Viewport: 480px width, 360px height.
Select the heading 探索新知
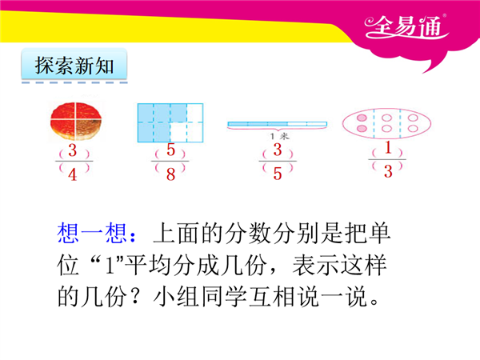click(x=74, y=66)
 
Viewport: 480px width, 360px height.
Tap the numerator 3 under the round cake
click(x=73, y=150)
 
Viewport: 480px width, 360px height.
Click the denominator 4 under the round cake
click(x=73, y=174)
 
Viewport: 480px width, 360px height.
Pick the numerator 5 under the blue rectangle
click(x=171, y=150)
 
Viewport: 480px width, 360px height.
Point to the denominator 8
click(x=171, y=174)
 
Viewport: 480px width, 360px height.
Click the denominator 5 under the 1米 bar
click(x=278, y=174)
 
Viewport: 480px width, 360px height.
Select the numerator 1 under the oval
click(x=388, y=147)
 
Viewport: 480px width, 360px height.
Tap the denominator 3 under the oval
click(x=388, y=171)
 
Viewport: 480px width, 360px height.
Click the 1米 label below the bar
click(x=279, y=136)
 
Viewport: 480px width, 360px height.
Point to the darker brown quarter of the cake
click(x=88, y=129)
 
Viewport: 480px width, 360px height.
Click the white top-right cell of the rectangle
click(x=195, y=113)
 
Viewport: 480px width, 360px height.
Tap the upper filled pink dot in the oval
click(x=362, y=118)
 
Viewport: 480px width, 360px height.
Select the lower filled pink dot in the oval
click(x=362, y=128)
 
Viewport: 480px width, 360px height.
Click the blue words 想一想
click(x=92, y=234)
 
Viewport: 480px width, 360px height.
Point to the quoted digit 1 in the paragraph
click(x=109, y=266)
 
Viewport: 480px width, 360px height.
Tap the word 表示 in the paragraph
click(x=315, y=265)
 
